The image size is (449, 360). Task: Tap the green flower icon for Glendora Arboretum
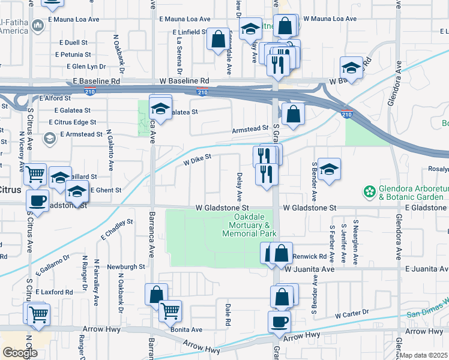[369, 192]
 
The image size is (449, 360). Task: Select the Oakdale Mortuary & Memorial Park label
[246, 225]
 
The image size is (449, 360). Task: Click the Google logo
[20, 353]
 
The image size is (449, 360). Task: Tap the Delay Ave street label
[240, 187]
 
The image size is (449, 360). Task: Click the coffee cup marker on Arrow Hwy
[279, 322]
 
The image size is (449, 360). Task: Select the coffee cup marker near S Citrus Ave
[38, 200]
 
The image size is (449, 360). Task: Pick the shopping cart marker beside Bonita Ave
[170, 311]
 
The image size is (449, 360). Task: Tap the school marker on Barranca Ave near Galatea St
[160, 108]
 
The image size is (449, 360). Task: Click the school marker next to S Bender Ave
[329, 170]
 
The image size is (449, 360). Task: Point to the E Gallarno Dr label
[53, 264]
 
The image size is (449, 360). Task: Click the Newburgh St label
[126, 266]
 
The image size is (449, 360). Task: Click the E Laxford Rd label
[54, 292]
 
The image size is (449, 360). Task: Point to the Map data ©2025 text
[424, 355]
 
